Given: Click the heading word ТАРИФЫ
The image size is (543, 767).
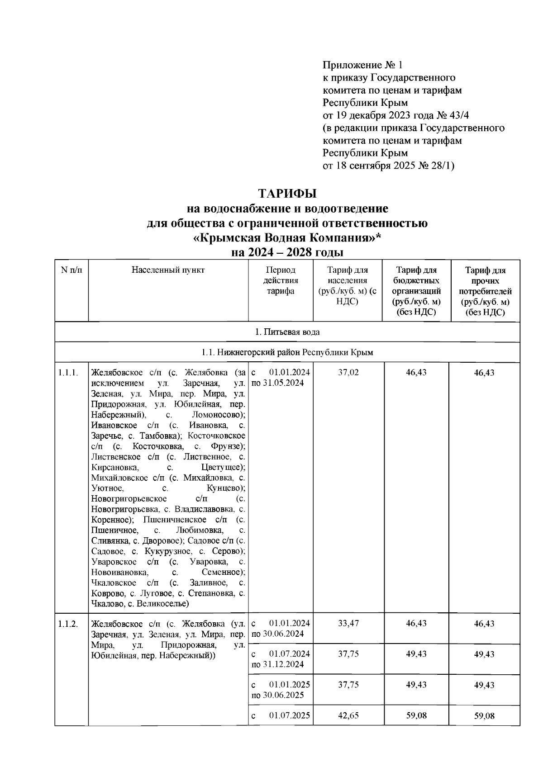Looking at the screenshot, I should tap(287, 194).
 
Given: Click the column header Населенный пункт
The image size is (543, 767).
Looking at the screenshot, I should tap(168, 270).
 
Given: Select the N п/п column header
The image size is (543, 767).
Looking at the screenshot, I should tap(71, 270).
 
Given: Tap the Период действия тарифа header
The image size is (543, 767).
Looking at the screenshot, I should tap(280, 280).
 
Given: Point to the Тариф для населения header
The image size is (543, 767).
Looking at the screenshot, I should tap(347, 285).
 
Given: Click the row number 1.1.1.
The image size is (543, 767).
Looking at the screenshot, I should tap(68, 373).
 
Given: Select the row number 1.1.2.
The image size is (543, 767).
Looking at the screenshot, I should tap(68, 624).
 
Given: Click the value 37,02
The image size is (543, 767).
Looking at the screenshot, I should tap(348, 373).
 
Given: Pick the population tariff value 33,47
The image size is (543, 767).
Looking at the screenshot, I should tap(348, 623).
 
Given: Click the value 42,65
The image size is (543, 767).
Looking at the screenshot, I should tap(348, 715).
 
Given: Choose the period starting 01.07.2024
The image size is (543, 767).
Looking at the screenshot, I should tap(281, 654).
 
